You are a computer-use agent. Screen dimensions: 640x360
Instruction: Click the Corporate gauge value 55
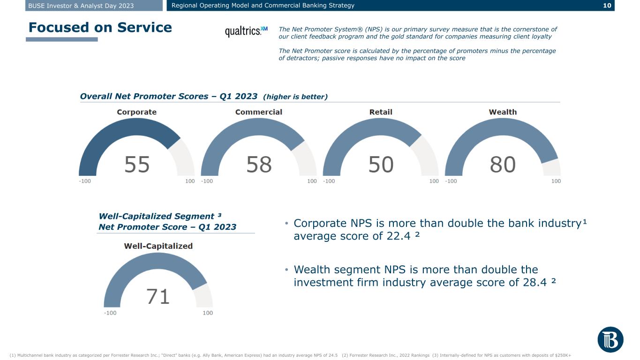click(x=137, y=165)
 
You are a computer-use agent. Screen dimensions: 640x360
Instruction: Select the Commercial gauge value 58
click(x=259, y=165)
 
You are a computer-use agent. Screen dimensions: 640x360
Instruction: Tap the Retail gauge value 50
click(x=381, y=165)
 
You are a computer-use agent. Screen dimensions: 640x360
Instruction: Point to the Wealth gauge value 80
click(x=503, y=165)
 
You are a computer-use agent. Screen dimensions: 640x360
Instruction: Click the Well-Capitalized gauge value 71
click(x=158, y=297)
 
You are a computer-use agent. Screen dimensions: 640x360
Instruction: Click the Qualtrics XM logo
click(x=246, y=31)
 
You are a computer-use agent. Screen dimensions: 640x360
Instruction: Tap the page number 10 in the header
click(x=607, y=6)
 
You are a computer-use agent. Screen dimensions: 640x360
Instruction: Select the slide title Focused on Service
click(x=100, y=28)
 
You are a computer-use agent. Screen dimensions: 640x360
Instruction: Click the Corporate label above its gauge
click(x=136, y=112)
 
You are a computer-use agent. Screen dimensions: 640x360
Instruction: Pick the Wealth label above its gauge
click(x=503, y=112)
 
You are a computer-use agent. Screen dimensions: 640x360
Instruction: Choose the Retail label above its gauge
click(x=381, y=112)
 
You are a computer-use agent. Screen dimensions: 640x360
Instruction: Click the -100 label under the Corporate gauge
click(x=85, y=181)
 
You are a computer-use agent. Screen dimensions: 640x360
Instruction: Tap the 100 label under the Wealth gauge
click(x=556, y=181)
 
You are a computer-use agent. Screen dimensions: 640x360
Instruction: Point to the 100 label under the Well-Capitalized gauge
click(x=208, y=313)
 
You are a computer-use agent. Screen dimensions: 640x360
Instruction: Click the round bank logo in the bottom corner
click(x=610, y=340)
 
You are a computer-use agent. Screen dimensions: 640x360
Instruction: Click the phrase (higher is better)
click(x=295, y=97)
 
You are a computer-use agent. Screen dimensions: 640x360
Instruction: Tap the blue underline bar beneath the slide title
click(x=62, y=39)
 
